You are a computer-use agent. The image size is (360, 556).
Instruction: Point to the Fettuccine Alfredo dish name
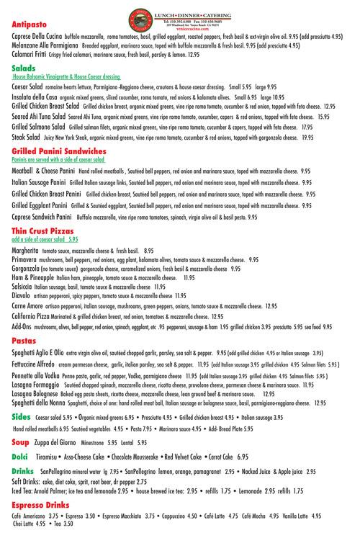coord(38,365)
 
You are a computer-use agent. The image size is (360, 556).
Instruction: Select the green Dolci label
coord(20,457)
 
